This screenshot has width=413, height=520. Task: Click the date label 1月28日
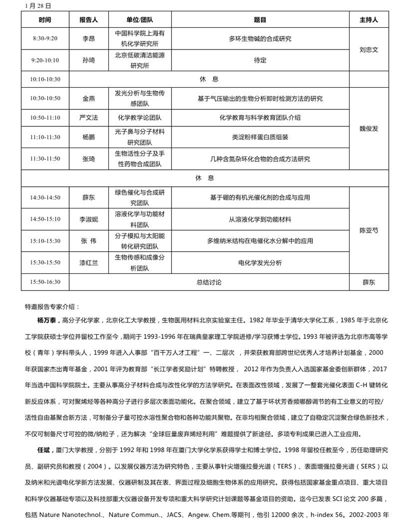coord(38,7)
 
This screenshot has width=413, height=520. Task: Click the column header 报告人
coord(89,20)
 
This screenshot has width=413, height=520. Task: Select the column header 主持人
coord(369,20)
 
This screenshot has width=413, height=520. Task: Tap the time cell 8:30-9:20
coord(45,39)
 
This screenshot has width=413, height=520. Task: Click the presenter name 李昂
coord(89,39)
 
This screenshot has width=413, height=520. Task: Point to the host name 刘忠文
coord(369,50)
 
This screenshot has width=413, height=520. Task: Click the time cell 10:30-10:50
coord(45,99)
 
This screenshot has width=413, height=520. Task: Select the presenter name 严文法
coord(89,118)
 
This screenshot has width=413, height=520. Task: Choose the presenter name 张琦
coord(89,159)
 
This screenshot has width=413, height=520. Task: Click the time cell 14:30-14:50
coord(45,198)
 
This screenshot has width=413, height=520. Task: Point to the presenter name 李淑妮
coord(89,219)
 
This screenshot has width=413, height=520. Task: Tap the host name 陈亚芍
coord(369,231)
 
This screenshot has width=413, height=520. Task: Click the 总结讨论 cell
coord(209,282)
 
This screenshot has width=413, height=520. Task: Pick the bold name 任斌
coord(45,450)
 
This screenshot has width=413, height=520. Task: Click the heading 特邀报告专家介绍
coord(52,306)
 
